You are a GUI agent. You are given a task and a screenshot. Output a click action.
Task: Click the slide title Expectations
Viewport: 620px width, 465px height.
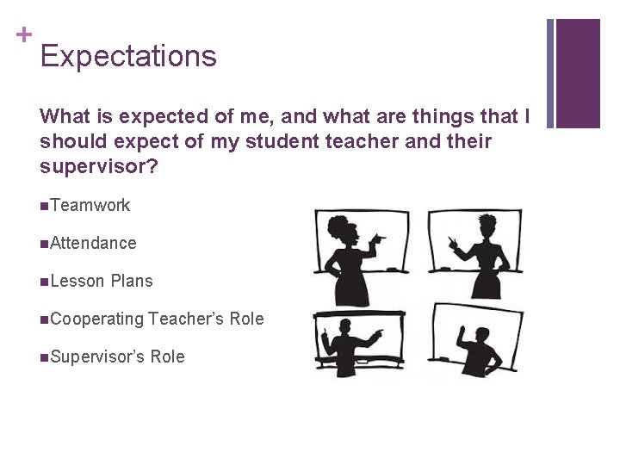[128, 56]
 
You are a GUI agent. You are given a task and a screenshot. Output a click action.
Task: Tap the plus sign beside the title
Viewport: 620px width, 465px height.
[23, 34]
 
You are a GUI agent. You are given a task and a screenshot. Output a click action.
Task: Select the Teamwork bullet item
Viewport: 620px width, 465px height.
[90, 205]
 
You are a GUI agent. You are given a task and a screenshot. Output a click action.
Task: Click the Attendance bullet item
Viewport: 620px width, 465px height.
[93, 243]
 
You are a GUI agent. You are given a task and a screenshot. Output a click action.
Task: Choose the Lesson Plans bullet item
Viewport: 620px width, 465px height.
[101, 281]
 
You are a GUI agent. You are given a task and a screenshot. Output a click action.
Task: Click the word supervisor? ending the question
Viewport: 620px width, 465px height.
[99, 166]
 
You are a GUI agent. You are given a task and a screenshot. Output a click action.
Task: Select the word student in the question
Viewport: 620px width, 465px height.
[283, 141]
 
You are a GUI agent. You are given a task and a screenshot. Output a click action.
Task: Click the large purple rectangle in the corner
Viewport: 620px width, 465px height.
[578, 73]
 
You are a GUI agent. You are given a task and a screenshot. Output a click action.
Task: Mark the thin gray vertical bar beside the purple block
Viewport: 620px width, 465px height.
[550, 73]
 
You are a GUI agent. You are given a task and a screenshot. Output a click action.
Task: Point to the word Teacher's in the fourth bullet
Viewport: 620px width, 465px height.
[186, 319]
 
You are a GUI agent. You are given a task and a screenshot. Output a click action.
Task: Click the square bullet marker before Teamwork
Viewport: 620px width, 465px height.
[44, 206]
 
